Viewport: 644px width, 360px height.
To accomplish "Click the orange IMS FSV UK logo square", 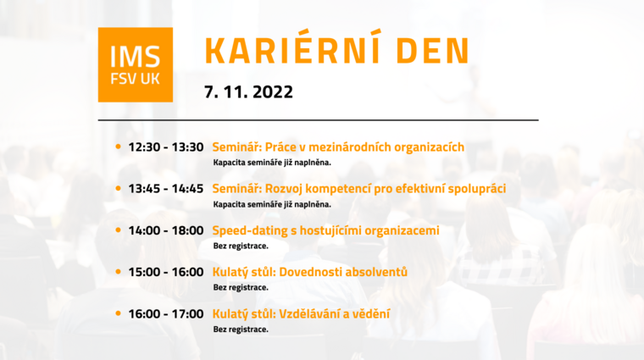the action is coord(135,65).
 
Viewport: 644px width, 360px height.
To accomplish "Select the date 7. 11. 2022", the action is coord(248,92).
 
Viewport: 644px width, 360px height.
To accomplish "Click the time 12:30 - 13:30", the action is coord(166,147).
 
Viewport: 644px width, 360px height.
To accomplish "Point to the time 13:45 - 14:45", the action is coord(166,189).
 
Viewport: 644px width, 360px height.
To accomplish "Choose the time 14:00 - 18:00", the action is coord(166,230).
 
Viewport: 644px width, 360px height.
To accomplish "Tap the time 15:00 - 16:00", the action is coord(166,272).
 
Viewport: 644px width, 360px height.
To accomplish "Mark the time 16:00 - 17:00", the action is coord(166,314).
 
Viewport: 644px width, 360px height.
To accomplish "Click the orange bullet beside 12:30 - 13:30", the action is coord(119,147).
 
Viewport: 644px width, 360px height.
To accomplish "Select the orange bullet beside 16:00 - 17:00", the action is coord(119,313).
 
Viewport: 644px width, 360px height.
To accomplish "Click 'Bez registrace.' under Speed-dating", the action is coord(241,246).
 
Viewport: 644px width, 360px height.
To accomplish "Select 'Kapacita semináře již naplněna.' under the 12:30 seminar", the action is coord(272,163).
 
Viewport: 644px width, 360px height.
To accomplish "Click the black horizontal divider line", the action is coord(319,120).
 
